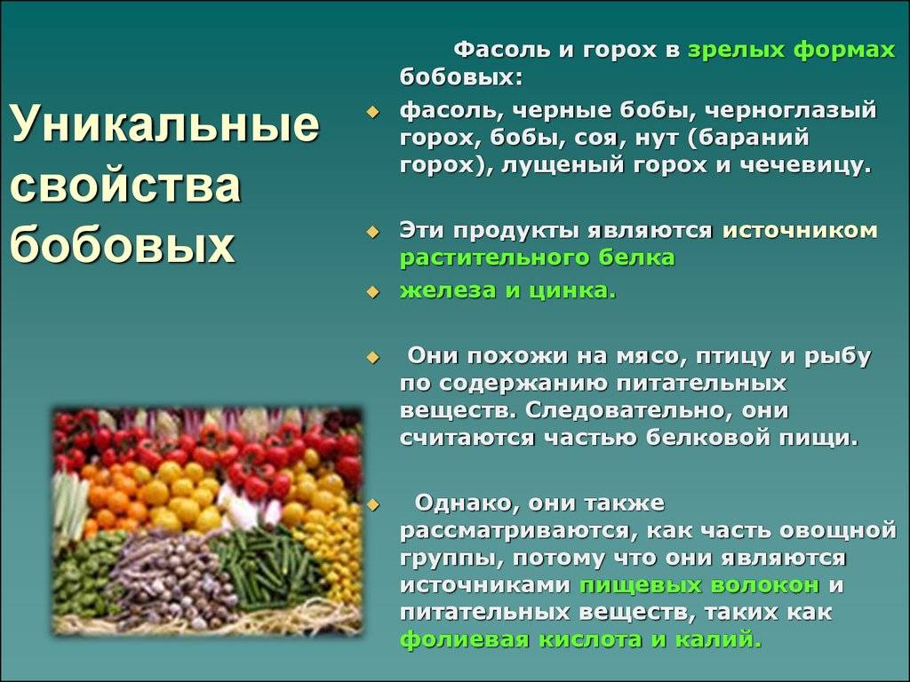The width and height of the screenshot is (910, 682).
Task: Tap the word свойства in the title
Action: (x=125, y=185)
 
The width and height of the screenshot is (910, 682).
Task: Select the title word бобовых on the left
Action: (x=123, y=244)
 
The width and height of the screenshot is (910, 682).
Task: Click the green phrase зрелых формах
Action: (x=792, y=51)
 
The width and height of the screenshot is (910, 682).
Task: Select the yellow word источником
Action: (x=801, y=231)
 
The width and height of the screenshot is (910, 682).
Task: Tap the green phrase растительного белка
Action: (x=538, y=258)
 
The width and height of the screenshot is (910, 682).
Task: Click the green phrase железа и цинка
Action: (x=507, y=290)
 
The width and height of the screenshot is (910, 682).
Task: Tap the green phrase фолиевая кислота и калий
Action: (x=580, y=640)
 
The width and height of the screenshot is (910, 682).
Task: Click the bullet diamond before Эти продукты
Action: (x=372, y=232)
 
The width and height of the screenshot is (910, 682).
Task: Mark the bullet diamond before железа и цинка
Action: (x=372, y=291)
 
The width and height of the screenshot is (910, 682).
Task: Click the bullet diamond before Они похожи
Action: (x=372, y=358)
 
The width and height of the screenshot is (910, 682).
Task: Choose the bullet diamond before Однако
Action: (x=372, y=505)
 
